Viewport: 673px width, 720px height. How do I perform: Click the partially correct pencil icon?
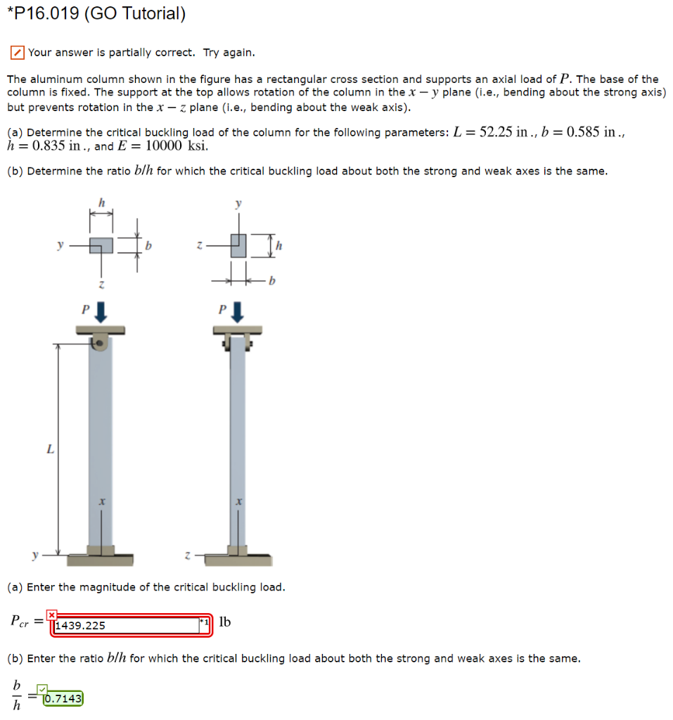point(16,53)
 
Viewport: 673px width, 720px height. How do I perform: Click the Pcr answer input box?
point(127,624)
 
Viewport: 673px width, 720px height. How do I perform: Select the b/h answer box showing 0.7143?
point(63,699)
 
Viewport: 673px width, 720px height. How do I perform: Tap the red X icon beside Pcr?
point(51,615)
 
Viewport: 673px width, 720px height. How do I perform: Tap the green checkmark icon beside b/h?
point(43,690)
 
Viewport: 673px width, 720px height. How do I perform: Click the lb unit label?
point(225,622)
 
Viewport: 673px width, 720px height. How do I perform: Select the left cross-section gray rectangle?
point(101,245)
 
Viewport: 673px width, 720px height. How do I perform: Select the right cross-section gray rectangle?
point(238,245)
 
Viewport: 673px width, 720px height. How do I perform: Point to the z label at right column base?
point(188,555)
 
